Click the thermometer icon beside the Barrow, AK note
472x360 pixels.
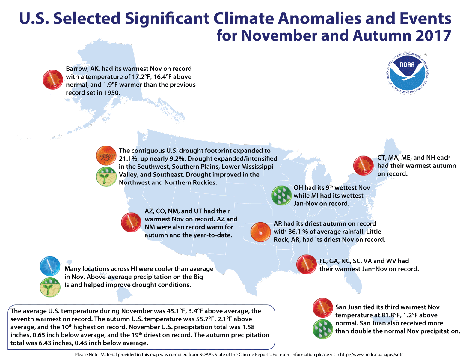pyautogui.click(x=53, y=80)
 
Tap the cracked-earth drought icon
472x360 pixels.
pyautogui.click(x=106, y=156)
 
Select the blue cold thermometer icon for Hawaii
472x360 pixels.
pyautogui.click(x=50, y=266)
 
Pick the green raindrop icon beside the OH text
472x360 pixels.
pyautogui.click(x=281, y=196)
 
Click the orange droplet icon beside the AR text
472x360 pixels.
pyautogui.click(x=260, y=232)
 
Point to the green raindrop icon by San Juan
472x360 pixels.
pyautogui.click(x=322, y=329)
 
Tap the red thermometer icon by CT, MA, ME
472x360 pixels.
pyautogui.click(x=363, y=165)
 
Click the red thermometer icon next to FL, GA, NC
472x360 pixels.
pyautogui.click(x=306, y=265)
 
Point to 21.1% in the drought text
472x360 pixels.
pyautogui.click(x=128, y=158)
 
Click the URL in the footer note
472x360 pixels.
pyautogui.click(x=372, y=355)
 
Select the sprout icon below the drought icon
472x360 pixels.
pyautogui.click(x=106, y=177)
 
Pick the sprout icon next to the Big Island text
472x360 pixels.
pyautogui.click(x=50, y=287)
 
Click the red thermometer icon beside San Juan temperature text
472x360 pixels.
pyautogui.click(x=322, y=308)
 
